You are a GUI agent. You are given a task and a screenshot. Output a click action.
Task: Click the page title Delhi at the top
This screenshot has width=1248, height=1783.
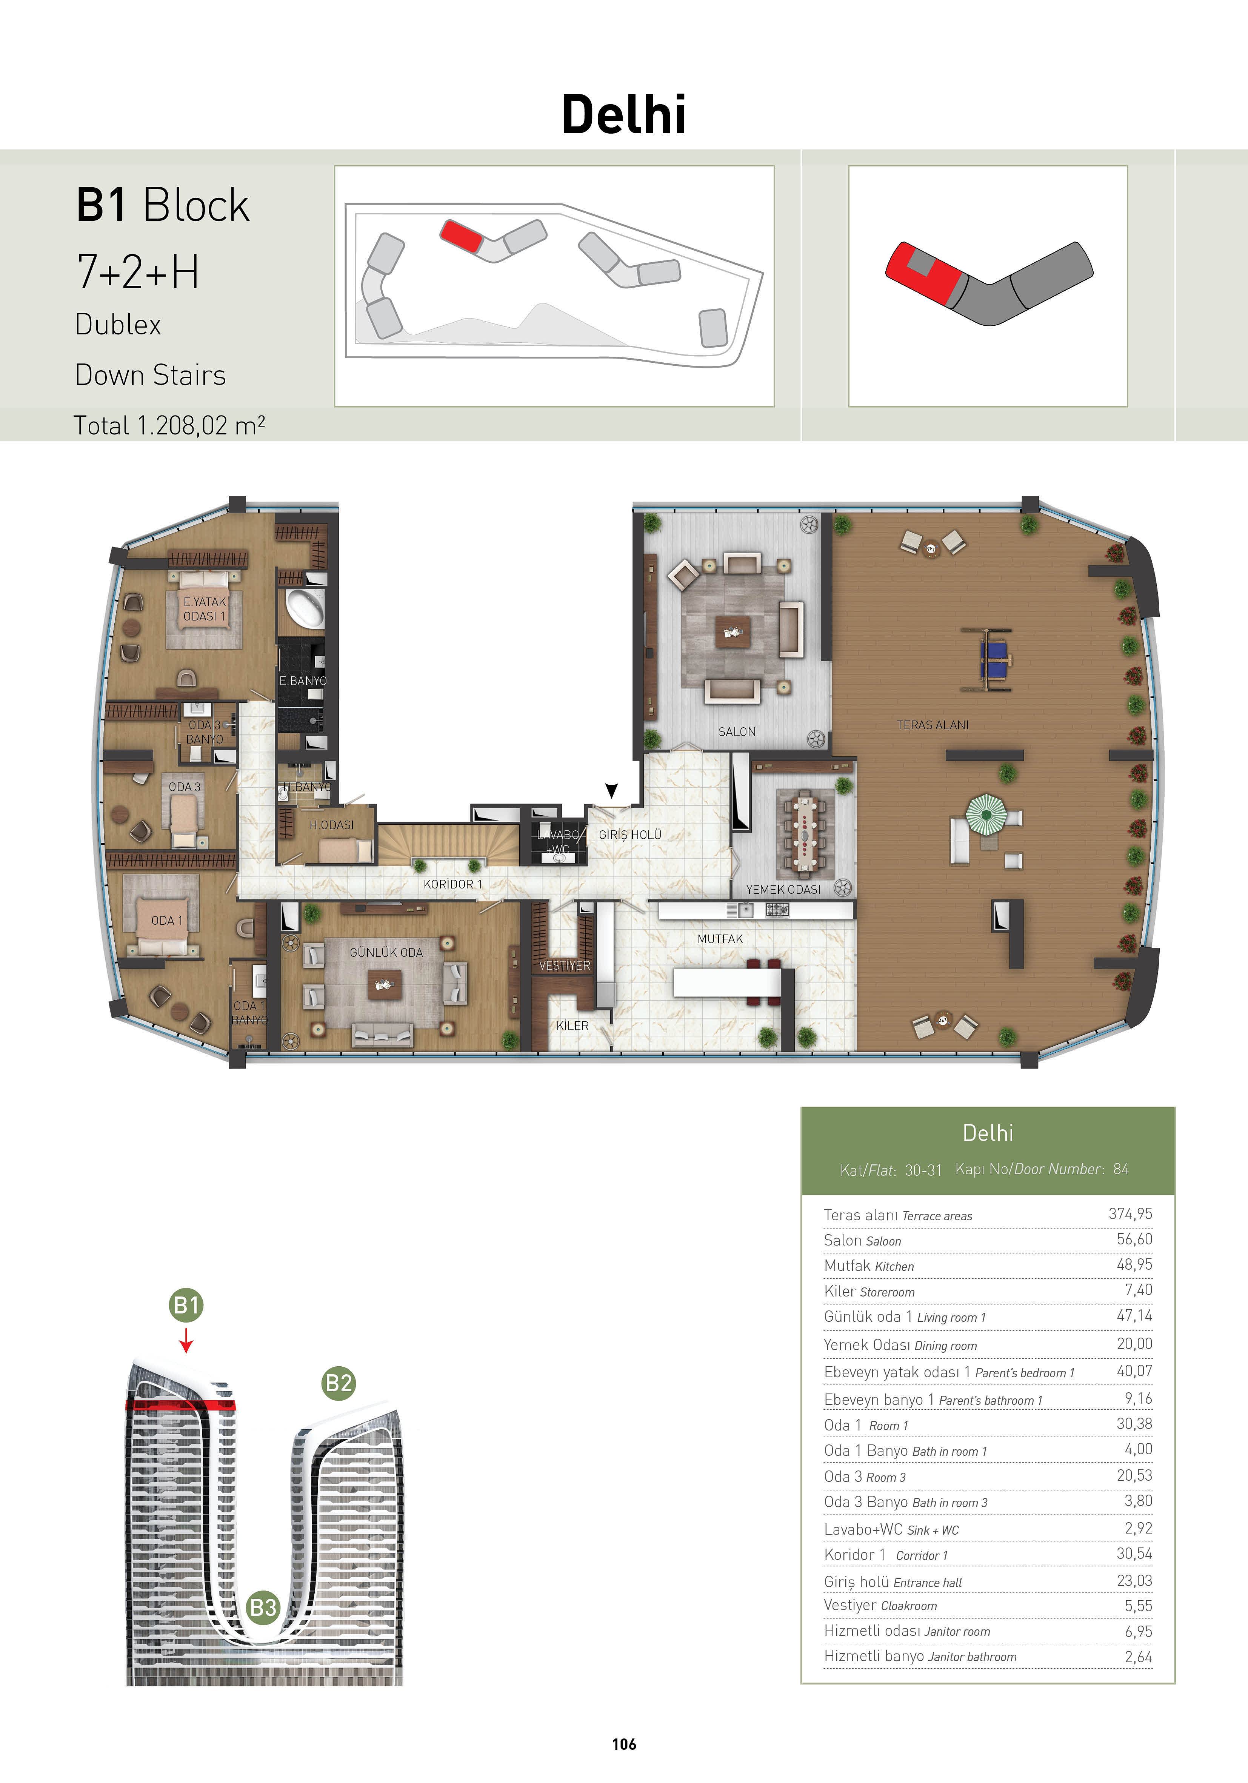(x=623, y=114)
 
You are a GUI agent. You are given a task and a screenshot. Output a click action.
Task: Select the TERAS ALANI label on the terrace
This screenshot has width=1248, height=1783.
(x=933, y=725)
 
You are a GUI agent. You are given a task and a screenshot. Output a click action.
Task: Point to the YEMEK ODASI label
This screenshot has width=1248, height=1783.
(x=783, y=889)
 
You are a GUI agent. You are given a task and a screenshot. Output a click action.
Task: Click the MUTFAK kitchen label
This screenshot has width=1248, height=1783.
(x=720, y=939)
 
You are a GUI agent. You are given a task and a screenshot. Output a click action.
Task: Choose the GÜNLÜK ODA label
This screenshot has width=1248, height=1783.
(x=386, y=952)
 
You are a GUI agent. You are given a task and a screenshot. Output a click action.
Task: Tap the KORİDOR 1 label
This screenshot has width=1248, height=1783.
(x=453, y=884)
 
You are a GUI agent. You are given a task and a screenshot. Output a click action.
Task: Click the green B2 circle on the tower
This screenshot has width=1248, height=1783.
(x=339, y=1383)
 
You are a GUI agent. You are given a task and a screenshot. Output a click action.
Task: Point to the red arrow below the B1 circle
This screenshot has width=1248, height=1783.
(x=186, y=1340)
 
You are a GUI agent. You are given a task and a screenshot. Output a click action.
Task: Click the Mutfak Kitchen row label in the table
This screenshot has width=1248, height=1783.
(x=869, y=1266)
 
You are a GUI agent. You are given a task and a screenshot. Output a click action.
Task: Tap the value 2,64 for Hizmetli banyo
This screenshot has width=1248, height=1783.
(x=1139, y=1657)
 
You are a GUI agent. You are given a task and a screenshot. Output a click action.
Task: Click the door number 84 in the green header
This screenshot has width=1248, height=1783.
(x=1121, y=1169)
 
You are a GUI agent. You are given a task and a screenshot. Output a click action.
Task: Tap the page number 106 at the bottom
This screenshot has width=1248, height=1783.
(x=623, y=1744)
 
